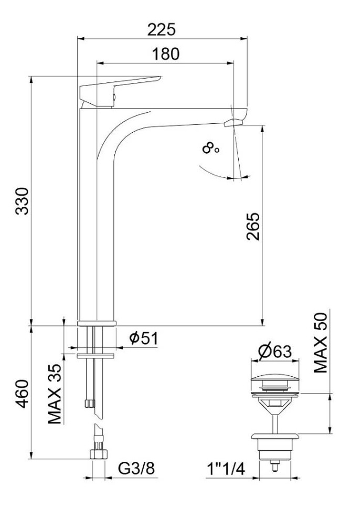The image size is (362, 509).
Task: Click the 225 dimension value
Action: pyautogui.click(x=162, y=29)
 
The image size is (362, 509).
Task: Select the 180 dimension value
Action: pyautogui.click(x=166, y=54)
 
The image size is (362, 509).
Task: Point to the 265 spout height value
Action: pyautogui.click(x=253, y=226)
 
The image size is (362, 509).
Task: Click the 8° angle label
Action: pyautogui.click(x=210, y=149)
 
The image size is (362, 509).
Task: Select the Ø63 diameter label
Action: pyautogui.click(x=275, y=352)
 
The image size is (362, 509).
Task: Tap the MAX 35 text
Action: pyautogui.click(x=55, y=394)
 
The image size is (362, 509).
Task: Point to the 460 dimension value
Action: pyautogui.click(x=23, y=394)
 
